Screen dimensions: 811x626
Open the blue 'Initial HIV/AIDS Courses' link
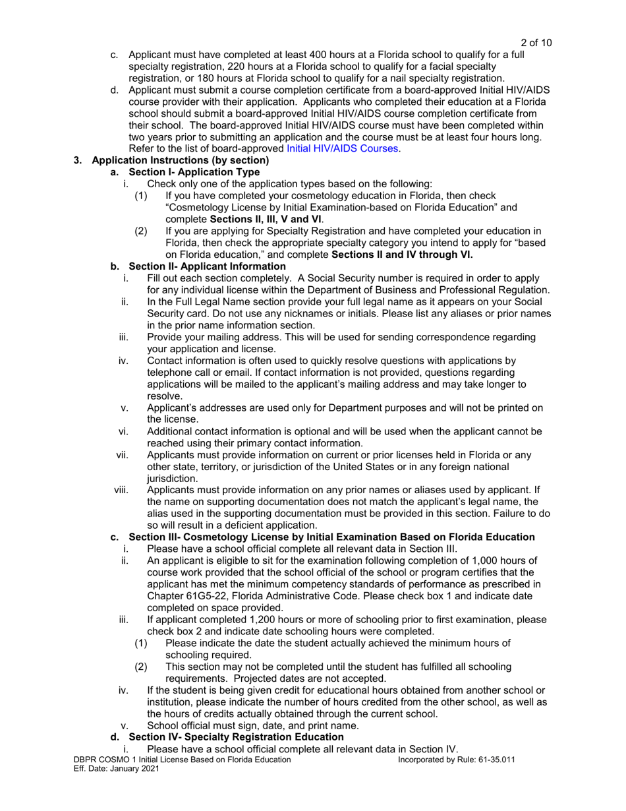click(x=342, y=148)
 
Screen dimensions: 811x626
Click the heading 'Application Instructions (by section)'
click(x=180, y=160)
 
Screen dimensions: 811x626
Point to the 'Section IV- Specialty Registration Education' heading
click(x=236, y=736)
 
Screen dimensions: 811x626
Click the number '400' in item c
click(x=304, y=55)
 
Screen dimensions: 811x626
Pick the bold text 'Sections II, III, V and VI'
click(x=266, y=220)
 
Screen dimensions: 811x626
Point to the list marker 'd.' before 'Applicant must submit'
click(x=114, y=90)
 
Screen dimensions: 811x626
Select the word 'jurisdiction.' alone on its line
click(x=172, y=479)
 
